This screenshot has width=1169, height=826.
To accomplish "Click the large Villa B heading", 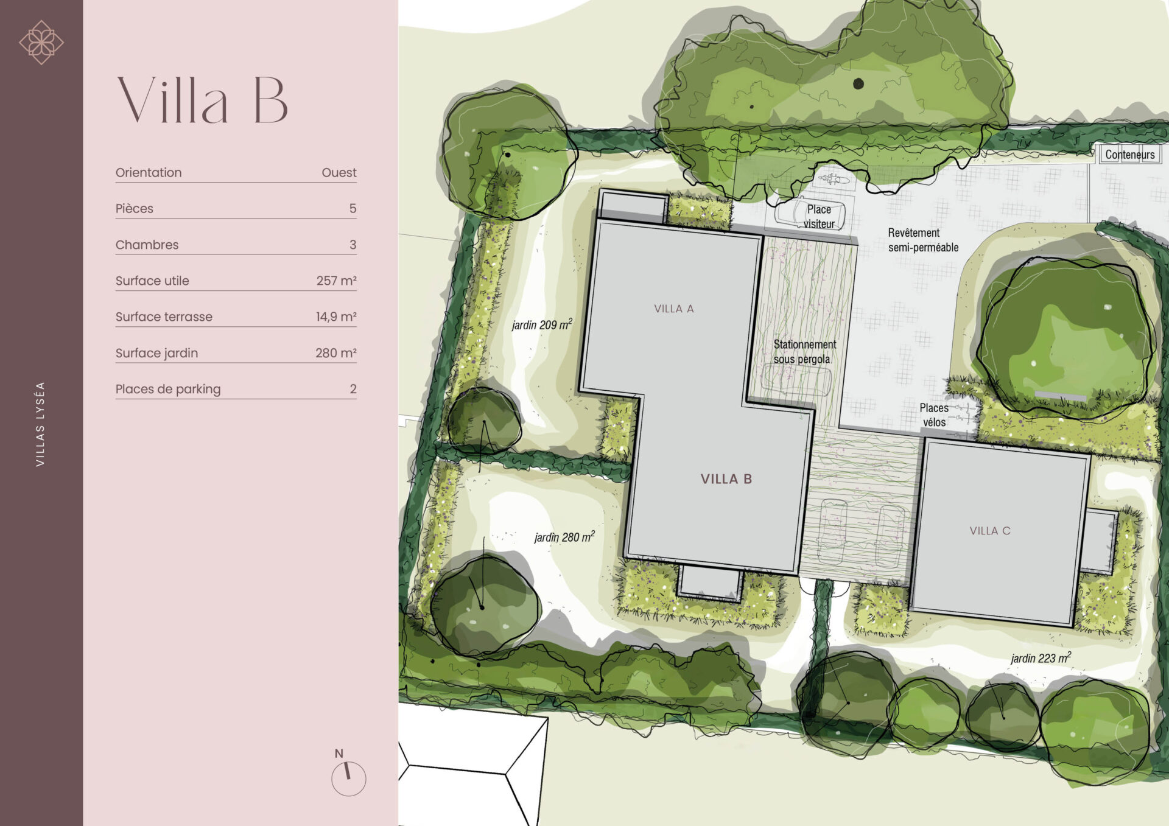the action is click(202, 100).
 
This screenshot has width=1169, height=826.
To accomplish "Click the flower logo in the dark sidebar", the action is click(41, 43).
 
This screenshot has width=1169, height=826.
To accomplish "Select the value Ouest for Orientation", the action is click(339, 173).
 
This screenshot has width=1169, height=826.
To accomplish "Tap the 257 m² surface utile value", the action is click(336, 281).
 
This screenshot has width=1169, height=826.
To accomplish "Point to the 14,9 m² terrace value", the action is click(336, 317).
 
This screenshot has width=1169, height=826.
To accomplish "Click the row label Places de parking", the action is click(168, 389).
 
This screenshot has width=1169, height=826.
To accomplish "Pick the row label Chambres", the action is click(147, 245).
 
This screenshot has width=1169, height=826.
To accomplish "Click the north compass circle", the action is click(348, 779).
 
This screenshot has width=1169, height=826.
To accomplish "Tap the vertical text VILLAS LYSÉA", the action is click(40, 424).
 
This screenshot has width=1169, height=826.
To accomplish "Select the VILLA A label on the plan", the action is click(674, 309).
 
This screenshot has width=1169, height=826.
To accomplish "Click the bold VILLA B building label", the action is click(726, 479).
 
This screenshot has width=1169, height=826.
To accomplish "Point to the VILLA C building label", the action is click(990, 531).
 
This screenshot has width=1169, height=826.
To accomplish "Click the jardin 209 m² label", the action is click(542, 324).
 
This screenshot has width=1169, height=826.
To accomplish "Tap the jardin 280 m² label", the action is click(564, 537).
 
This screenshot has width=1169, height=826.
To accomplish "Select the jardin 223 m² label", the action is click(1041, 657).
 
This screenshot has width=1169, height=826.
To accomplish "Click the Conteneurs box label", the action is click(1130, 155).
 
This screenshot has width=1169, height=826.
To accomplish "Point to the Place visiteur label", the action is click(819, 217).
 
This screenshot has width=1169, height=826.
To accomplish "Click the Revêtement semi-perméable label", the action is click(923, 240).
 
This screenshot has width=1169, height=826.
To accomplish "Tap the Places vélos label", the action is click(934, 415).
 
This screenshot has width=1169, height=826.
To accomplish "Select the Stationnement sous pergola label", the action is click(805, 352).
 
